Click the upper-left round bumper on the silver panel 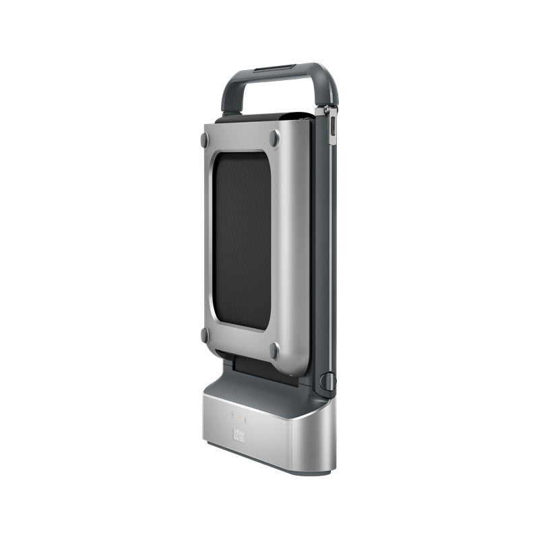[204, 139]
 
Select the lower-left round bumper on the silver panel [204, 334]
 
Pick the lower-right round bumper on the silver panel [274, 350]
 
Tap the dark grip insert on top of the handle [274, 67]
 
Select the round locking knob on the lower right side [327, 381]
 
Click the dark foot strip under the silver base [269, 464]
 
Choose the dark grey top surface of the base [263, 394]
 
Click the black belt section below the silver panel [259, 368]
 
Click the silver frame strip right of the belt [290, 243]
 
